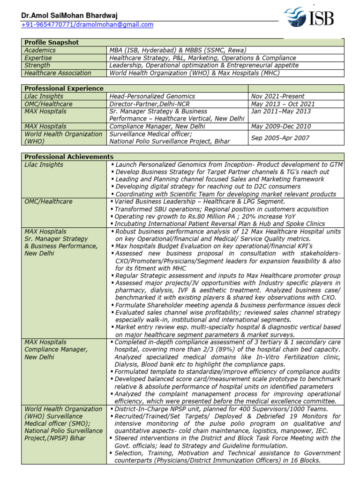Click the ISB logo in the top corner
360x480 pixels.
click(x=309, y=19)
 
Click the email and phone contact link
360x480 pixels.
click(x=87, y=24)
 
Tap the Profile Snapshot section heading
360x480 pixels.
click(x=52, y=43)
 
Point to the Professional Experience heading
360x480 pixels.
click(x=64, y=88)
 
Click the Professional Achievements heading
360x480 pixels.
click(x=68, y=157)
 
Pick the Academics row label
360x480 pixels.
click(x=40, y=50)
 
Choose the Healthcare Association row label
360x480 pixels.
click(x=58, y=73)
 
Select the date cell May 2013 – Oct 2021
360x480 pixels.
click(x=283, y=104)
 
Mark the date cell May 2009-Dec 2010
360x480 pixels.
click(x=281, y=126)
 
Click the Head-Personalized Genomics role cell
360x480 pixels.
click(x=152, y=96)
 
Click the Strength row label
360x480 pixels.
click(x=37, y=65)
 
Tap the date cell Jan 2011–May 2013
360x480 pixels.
click(x=281, y=111)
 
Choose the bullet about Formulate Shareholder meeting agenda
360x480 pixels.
click(x=227, y=305)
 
